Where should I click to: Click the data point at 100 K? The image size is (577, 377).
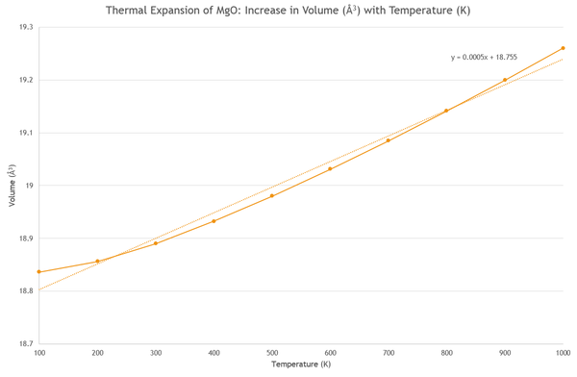point(39,272)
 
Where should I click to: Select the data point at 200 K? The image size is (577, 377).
point(97,261)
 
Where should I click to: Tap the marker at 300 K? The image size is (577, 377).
point(156,243)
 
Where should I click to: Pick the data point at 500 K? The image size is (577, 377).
point(272,195)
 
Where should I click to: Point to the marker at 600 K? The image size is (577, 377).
point(330,168)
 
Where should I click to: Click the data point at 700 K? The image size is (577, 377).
point(389,140)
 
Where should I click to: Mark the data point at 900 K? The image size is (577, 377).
point(505,80)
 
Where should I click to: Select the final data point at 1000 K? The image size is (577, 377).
point(563,48)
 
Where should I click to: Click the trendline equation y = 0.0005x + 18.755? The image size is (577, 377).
point(484,57)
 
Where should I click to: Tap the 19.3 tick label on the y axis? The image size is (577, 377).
point(26,27)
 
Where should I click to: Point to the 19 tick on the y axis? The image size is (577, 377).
point(29,186)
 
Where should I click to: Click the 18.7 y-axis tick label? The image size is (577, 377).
point(26,343)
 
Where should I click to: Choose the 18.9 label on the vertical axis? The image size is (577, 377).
point(26,239)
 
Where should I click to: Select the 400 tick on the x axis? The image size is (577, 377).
point(213,353)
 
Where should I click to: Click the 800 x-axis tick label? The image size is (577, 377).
point(447,353)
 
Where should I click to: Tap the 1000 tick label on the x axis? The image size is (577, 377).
point(563,353)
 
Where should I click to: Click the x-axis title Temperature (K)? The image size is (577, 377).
point(301,364)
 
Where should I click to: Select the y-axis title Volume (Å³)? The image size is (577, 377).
point(13,186)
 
